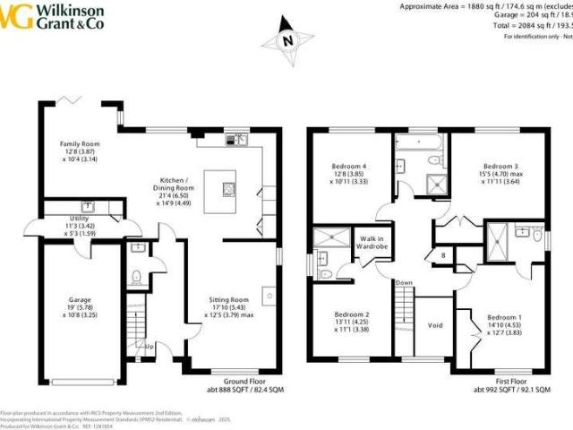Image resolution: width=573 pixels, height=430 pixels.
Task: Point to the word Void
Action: [x=435, y=325]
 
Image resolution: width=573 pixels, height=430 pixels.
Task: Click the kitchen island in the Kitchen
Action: [x=223, y=191]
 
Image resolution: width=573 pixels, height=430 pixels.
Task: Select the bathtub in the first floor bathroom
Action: [x=418, y=142]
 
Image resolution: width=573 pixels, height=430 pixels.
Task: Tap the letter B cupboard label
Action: [x=442, y=255]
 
